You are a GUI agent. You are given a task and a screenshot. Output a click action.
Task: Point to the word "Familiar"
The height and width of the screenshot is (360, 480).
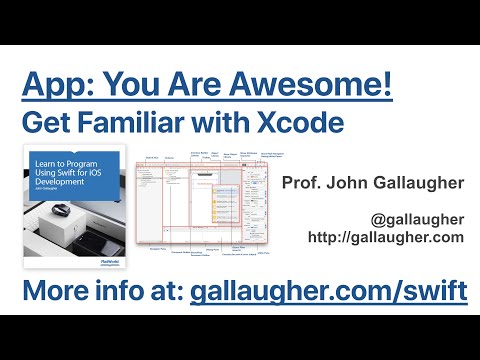144,124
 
